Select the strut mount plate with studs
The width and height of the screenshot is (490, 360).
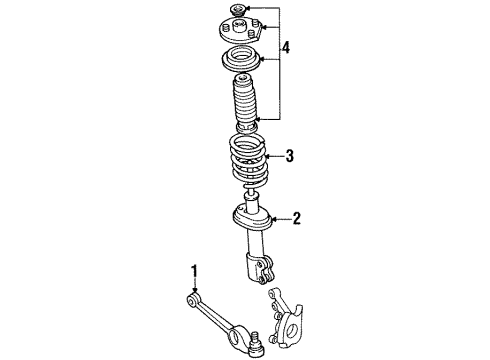pos(239,32)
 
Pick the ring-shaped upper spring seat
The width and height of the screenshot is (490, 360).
pos(240,58)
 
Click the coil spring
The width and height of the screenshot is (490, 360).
pos(244,160)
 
